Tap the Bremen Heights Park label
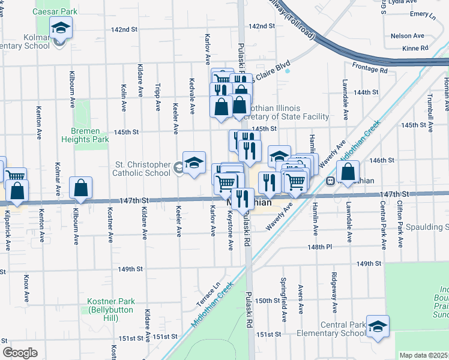pyautogui.click(x=85, y=135)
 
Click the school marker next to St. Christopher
pyautogui.click(x=194, y=163)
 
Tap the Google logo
pyautogui.click(x=19, y=353)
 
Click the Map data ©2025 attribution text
pyautogui.click(x=424, y=355)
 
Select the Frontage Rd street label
pyautogui.click(x=370, y=70)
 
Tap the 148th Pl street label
pyautogui.click(x=319, y=247)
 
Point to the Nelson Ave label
pyautogui.click(x=408, y=36)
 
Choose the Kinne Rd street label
pyautogui.click(x=415, y=48)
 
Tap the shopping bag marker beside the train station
pyautogui.click(x=348, y=172)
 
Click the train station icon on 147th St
pyautogui.click(x=330, y=181)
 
